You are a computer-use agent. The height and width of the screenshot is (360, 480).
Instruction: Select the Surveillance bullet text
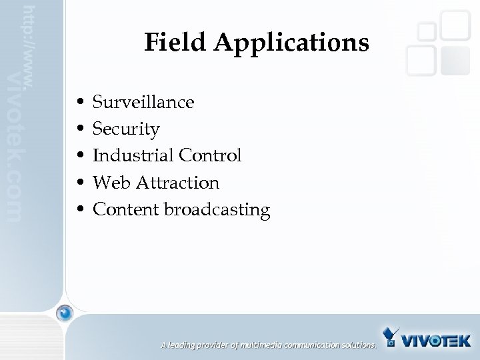click(x=143, y=103)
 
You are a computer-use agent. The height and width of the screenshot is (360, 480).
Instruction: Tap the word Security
click(x=126, y=129)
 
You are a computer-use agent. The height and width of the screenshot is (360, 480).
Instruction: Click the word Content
click(x=125, y=209)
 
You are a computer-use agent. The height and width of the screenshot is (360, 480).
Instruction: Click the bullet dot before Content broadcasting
click(x=80, y=210)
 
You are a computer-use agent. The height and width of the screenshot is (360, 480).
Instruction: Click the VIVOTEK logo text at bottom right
click(x=437, y=341)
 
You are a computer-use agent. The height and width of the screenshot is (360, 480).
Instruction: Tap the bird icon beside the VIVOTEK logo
click(x=392, y=337)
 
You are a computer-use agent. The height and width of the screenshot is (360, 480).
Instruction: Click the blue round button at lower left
click(x=64, y=313)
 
